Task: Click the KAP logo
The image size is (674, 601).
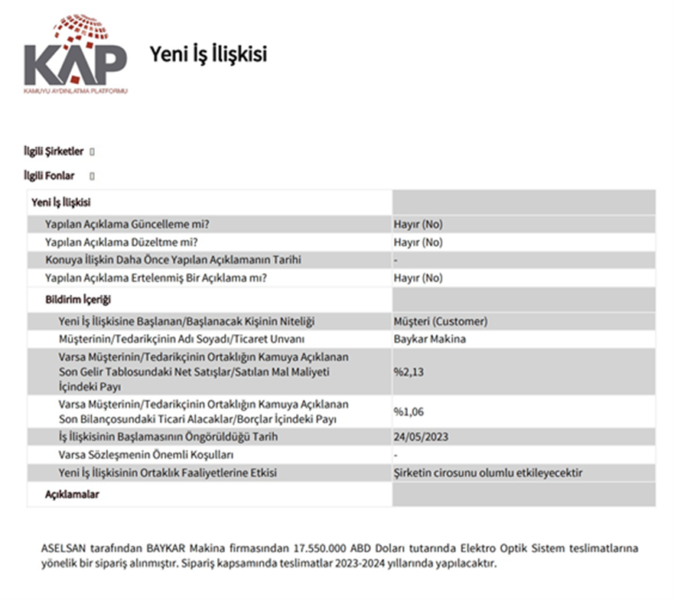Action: [75, 54]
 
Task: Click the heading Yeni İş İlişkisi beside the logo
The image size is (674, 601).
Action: [208, 54]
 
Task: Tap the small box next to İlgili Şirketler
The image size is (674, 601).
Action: [93, 152]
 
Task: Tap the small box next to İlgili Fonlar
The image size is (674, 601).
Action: [93, 177]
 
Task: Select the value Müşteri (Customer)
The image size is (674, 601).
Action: [440, 321]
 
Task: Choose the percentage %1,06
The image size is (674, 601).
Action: [409, 412]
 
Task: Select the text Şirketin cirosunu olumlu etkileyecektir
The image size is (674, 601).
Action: [487, 473]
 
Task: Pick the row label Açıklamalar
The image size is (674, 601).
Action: [73, 495]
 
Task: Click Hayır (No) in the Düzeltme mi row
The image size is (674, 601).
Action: [418, 242]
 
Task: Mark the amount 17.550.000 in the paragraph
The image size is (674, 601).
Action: [316, 548]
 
